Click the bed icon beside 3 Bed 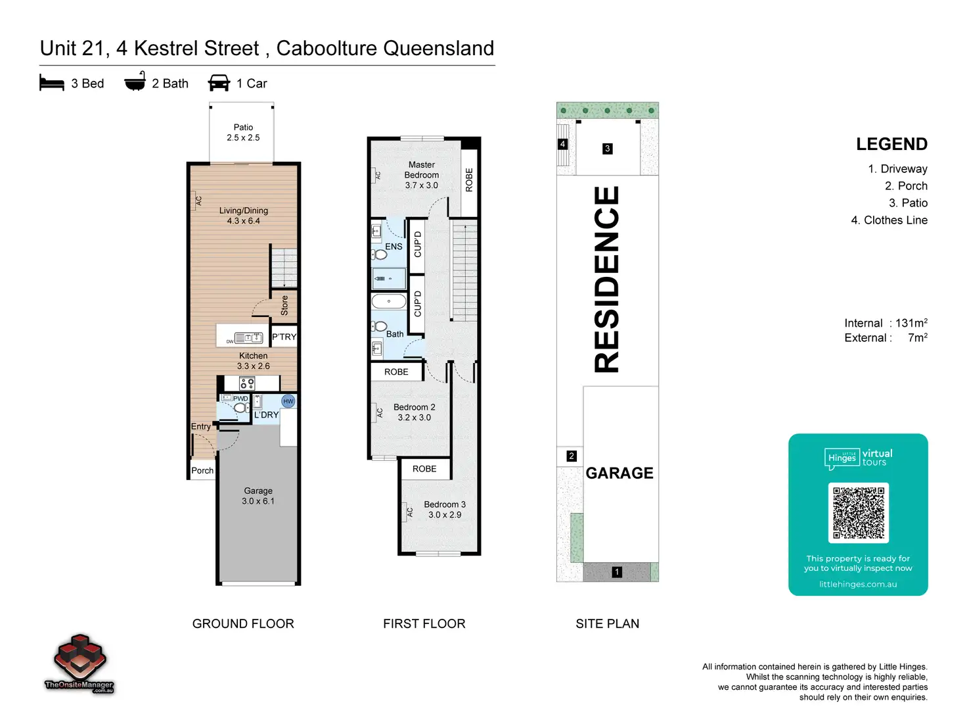[x=52, y=83]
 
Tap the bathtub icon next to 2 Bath [x=135, y=82]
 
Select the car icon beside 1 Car [x=219, y=83]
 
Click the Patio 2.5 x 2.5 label [x=243, y=132]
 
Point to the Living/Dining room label [x=243, y=216]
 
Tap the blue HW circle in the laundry [x=288, y=401]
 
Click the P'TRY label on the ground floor [x=284, y=337]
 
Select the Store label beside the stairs [x=284, y=305]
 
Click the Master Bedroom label [x=422, y=175]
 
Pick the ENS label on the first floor [x=394, y=247]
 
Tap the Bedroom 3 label [x=445, y=510]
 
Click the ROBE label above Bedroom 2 [x=396, y=372]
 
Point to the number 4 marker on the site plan [x=562, y=144]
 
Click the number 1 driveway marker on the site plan [x=617, y=572]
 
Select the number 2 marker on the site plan [x=572, y=456]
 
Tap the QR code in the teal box [x=859, y=513]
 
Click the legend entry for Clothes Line [x=889, y=220]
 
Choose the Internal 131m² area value [x=911, y=323]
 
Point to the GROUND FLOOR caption [x=243, y=623]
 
